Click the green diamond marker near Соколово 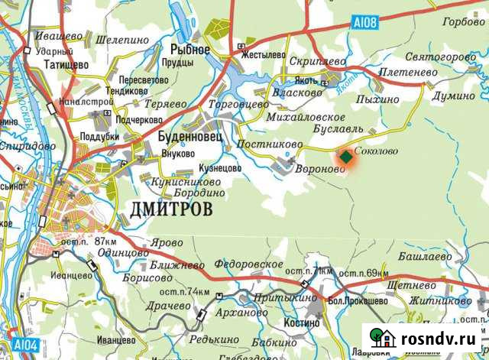pyautogui.click(x=346, y=157)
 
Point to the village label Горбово pyautogui.click(x=463, y=23)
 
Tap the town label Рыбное pyautogui.click(x=185, y=48)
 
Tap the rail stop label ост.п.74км pyautogui.click(x=184, y=293)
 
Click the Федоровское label pyautogui.click(x=248, y=264)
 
